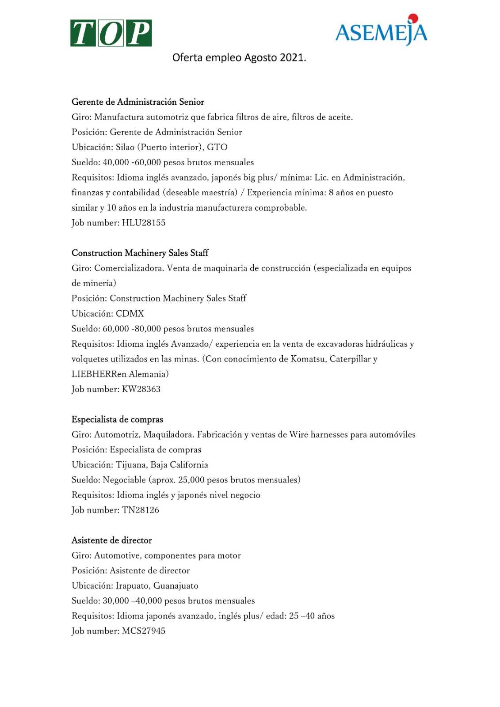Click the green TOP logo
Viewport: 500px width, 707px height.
point(111,33)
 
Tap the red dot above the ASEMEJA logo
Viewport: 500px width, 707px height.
point(413,18)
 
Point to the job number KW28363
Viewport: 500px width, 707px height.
point(141,389)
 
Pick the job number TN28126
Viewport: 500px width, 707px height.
point(141,510)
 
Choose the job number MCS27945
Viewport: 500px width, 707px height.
point(144,631)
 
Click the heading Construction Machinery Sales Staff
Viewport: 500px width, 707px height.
point(140,253)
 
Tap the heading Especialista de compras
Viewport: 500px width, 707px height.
point(117,420)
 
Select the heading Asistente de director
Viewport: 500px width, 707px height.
point(112,540)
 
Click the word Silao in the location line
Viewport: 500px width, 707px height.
point(125,147)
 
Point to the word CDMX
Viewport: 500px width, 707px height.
point(130,314)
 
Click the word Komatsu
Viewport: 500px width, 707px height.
point(308,359)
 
